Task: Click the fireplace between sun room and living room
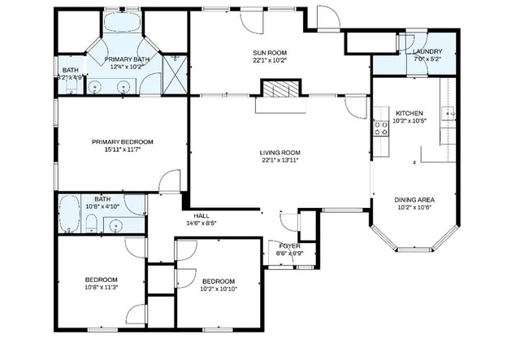click(x=279, y=89)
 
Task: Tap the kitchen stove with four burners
click(x=379, y=127)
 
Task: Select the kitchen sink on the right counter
click(x=447, y=112)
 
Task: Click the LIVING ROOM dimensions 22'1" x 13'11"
click(x=280, y=160)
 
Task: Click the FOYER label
click(x=290, y=245)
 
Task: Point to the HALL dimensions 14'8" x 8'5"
click(x=201, y=223)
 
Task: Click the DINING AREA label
click(x=414, y=199)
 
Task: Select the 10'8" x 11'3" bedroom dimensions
click(x=102, y=287)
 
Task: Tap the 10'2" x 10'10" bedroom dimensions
click(x=218, y=288)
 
